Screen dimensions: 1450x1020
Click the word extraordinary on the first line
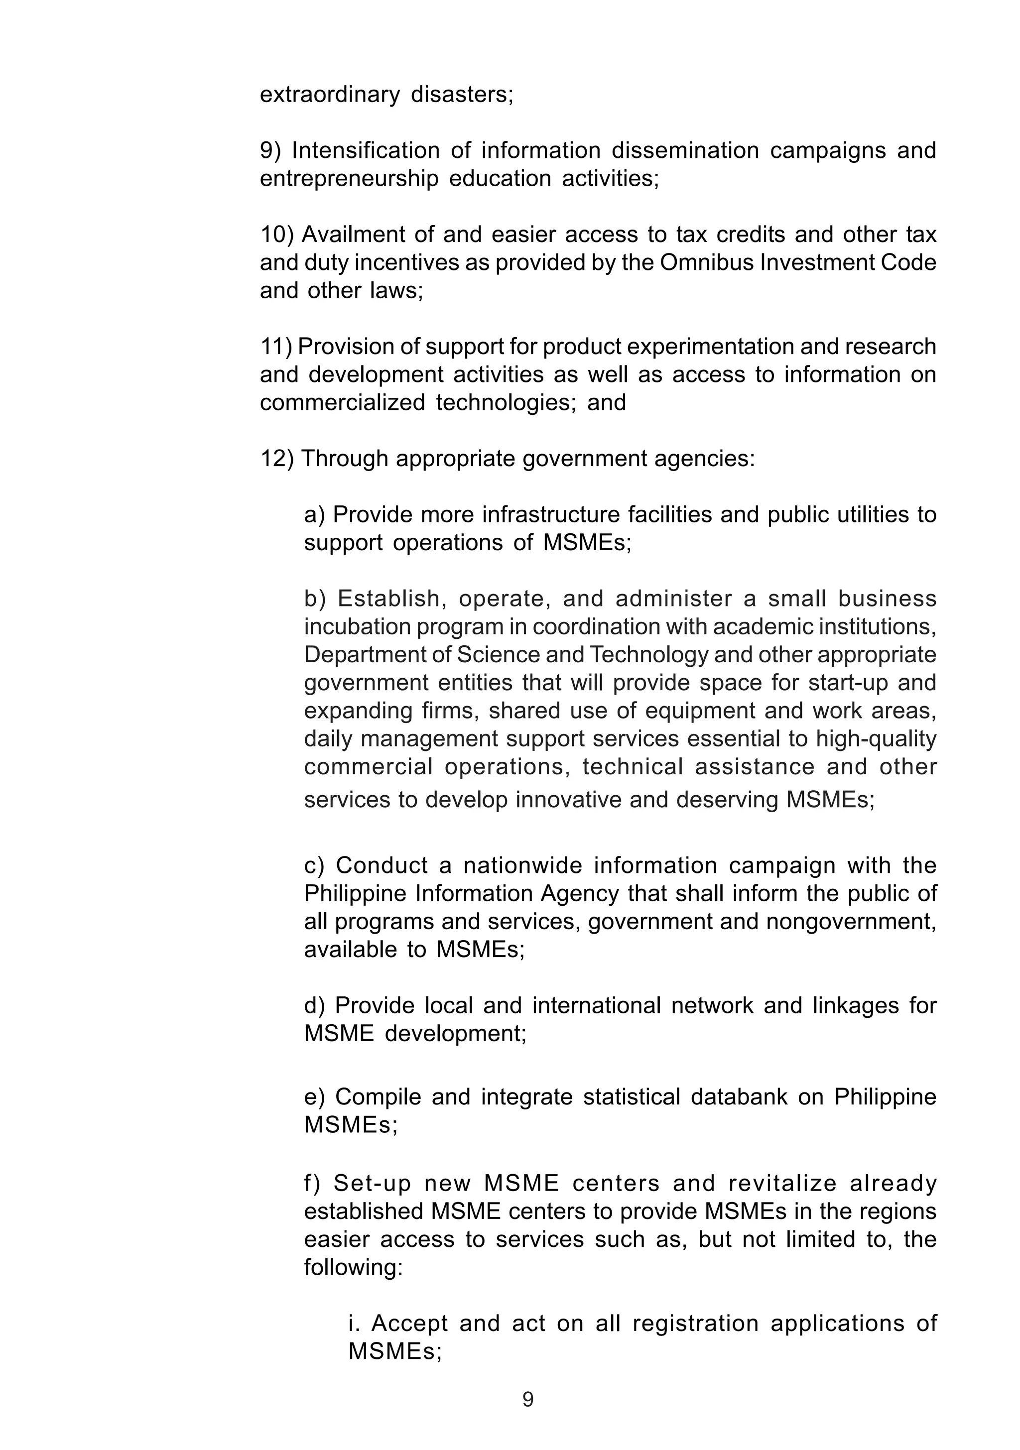(x=330, y=95)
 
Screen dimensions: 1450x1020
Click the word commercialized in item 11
(x=342, y=402)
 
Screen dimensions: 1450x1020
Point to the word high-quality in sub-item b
(x=876, y=738)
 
